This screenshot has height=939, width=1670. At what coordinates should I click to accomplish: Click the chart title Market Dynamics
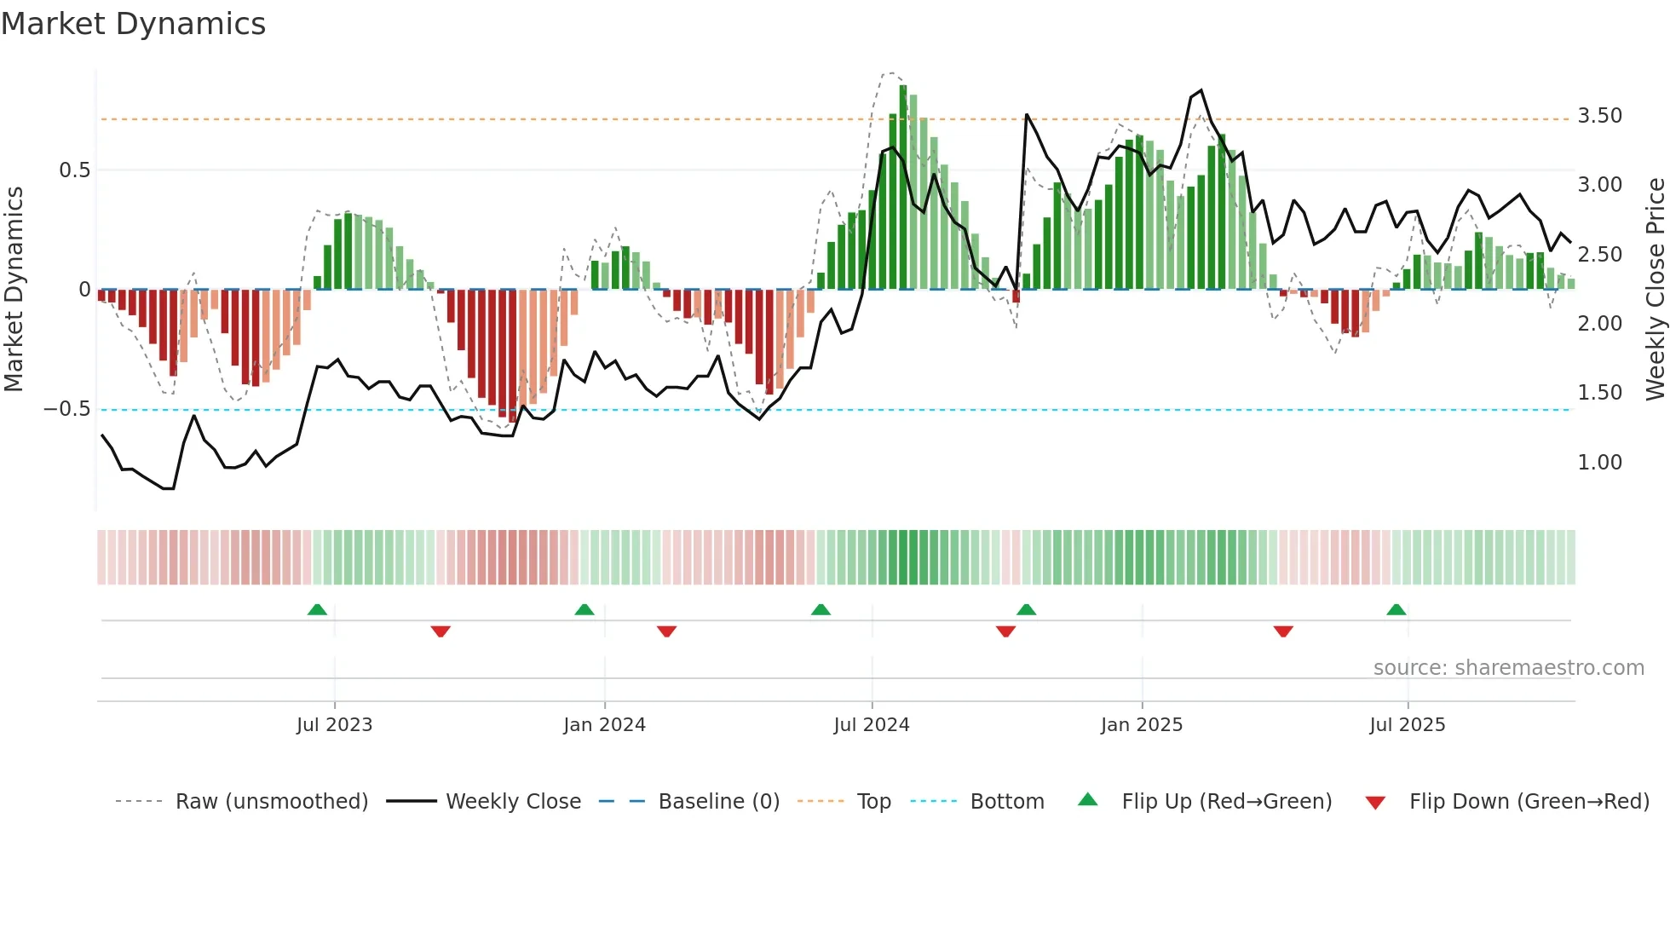point(134,24)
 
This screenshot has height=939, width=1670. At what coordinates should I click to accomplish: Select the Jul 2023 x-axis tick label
point(334,725)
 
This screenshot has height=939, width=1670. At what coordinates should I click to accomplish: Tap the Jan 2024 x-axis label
point(604,725)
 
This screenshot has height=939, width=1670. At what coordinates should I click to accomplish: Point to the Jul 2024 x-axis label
point(872,725)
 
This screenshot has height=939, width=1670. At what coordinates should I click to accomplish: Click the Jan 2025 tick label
point(1142,725)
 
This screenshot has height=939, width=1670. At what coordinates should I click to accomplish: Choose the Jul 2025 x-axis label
point(1408,725)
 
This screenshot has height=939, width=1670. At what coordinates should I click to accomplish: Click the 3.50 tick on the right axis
point(1599,116)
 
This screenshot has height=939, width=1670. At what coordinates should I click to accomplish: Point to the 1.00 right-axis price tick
point(1599,463)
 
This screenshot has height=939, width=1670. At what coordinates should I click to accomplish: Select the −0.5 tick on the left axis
point(67,409)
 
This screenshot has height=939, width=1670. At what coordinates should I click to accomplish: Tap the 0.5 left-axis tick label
point(75,170)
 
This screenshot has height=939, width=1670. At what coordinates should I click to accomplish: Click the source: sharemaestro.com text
point(1508,668)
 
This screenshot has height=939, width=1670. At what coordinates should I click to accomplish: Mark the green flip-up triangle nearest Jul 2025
point(1396,610)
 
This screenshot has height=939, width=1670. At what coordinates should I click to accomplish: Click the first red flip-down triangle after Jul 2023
point(441,631)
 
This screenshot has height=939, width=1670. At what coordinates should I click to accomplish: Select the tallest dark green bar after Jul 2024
point(903,187)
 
